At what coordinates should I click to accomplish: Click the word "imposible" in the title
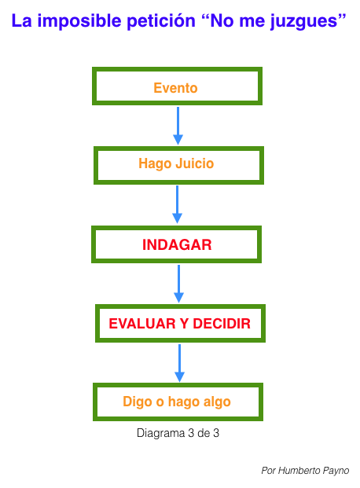[x=79, y=21]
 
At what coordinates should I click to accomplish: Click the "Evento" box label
[x=175, y=88]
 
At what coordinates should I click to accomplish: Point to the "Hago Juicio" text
[x=176, y=163]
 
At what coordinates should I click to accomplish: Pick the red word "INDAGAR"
[x=177, y=244]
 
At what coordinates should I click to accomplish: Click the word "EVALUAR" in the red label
[x=142, y=324]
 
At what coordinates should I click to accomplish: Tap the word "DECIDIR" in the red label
[x=222, y=324]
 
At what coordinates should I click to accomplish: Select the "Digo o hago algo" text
[x=177, y=402]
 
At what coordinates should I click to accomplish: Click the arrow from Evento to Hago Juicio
[x=178, y=126]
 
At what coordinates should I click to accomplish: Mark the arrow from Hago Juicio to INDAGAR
[x=177, y=204]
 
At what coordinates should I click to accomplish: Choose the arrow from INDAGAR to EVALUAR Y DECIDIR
[x=178, y=284]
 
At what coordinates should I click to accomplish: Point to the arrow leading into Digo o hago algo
[x=180, y=363]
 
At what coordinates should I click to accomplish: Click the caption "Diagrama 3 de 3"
[x=178, y=433]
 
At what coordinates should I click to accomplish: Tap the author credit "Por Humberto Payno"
[x=305, y=471]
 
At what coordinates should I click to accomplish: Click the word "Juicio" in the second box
[x=195, y=163]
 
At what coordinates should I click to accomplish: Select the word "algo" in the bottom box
[x=218, y=402]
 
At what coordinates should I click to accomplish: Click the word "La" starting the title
[x=21, y=21]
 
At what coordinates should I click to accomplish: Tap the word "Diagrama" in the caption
[x=160, y=433]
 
